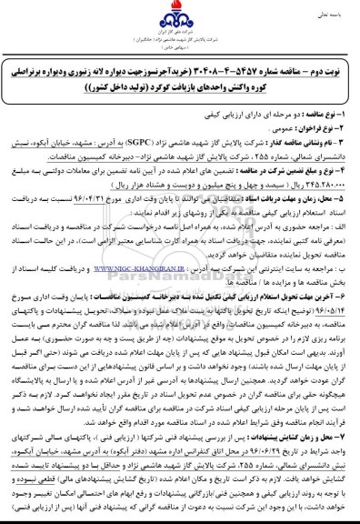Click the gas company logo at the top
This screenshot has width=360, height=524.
pos(180,21)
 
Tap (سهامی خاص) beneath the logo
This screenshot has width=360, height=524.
pos(180,51)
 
